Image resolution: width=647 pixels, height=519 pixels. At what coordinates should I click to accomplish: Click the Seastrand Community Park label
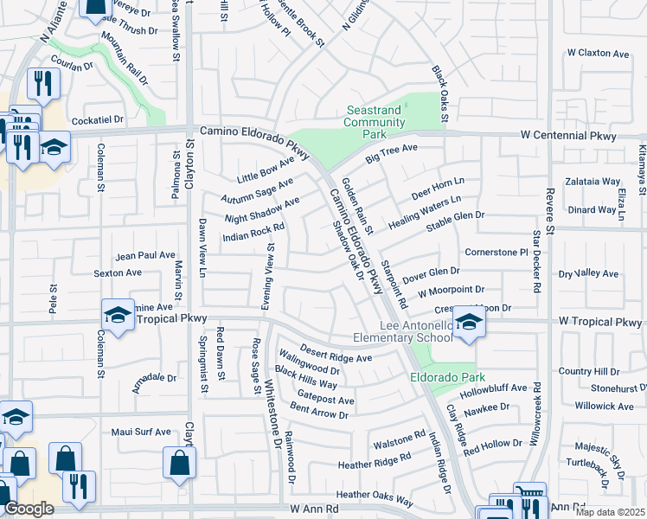pos(375,123)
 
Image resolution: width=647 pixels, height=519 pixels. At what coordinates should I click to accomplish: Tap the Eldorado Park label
pos(446,378)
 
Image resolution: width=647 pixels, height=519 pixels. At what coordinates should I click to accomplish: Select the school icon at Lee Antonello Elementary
pos(469,324)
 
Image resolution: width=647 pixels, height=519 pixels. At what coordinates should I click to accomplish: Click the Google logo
pos(29,509)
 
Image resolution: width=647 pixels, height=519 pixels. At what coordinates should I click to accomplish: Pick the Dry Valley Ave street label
pos(588,274)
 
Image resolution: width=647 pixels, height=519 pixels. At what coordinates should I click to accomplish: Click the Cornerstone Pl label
pos(496,253)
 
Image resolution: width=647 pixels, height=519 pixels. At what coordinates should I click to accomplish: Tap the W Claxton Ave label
pos(598,54)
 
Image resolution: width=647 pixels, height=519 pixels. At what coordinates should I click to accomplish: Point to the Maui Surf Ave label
pos(141,431)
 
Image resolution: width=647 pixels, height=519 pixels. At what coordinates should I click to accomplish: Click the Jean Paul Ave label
pos(145,255)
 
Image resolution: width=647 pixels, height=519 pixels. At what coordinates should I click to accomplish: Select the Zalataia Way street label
pos(594,183)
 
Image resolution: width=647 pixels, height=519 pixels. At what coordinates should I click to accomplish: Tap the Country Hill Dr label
pos(590,371)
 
